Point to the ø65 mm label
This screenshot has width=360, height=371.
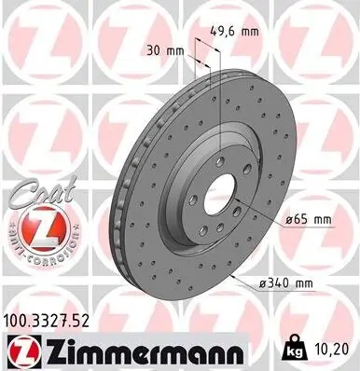point(305,219)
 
